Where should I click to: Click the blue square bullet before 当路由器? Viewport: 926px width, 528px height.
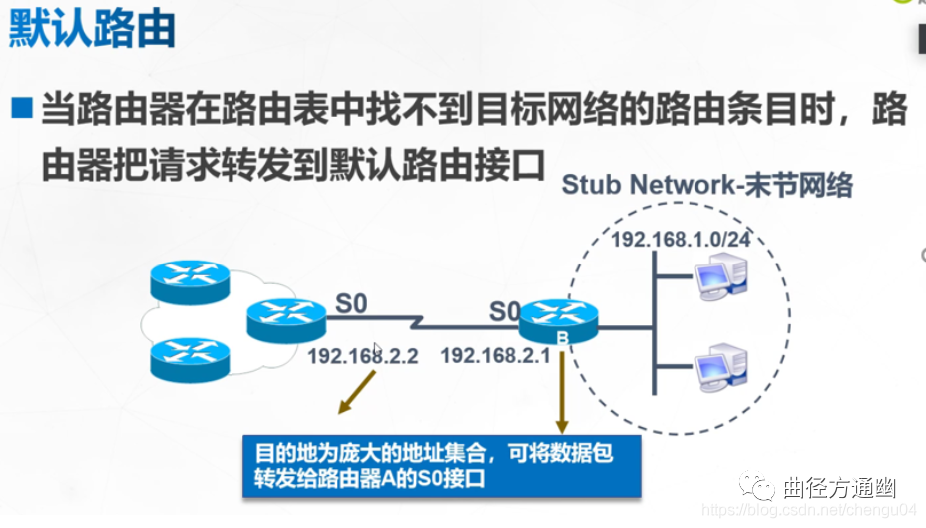[x=21, y=107]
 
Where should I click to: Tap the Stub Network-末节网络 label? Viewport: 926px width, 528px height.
[x=707, y=185]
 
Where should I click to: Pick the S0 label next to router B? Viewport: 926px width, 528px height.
[x=504, y=312]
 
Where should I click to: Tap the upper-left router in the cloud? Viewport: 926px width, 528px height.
[x=190, y=279]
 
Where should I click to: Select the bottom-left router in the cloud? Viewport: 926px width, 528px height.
[x=190, y=357]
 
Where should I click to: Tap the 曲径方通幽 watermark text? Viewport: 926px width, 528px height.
[x=839, y=487]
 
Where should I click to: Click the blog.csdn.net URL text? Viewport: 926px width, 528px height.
[x=811, y=510]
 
